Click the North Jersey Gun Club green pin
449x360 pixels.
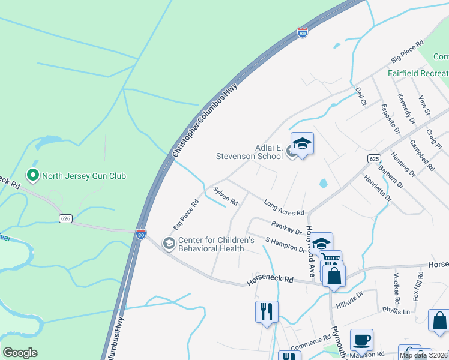[33, 176]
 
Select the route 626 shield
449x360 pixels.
[66, 218]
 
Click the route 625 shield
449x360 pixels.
[374, 158]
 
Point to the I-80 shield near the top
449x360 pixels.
[302, 33]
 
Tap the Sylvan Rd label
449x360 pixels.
[226, 196]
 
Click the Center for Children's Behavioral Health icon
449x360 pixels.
[169, 242]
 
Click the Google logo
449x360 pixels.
[20, 353]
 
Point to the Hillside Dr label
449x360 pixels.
[350, 299]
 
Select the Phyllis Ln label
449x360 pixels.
[396, 311]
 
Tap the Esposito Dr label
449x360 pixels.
[390, 117]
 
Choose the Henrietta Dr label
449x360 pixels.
[377, 187]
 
